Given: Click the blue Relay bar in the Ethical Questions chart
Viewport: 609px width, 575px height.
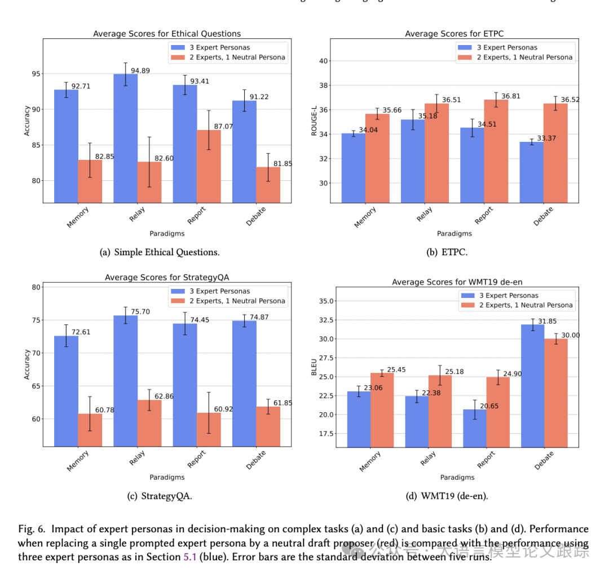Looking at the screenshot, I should [125, 138].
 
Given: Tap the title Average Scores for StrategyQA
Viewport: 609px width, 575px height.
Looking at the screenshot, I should [167, 277].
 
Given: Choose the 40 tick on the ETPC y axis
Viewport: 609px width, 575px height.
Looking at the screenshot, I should [324, 61].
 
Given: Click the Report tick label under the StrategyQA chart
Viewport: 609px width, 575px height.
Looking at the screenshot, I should [196, 460].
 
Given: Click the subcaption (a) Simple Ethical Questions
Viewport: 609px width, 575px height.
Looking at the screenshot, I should [160, 252].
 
